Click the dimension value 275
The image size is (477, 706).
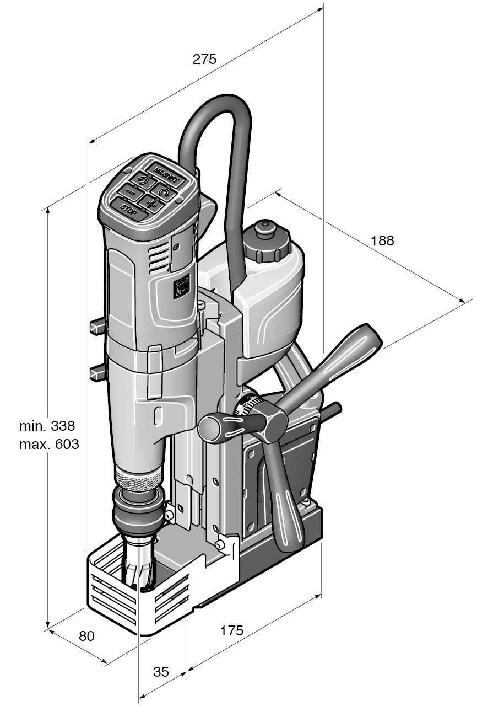click(204, 60)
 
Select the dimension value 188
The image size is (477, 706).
click(382, 240)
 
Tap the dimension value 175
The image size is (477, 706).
click(231, 630)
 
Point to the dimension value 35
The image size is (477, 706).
click(161, 672)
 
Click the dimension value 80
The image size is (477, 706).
click(86, 635)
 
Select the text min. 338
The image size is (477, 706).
click(47, 426)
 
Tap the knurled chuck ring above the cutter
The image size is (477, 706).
click(139, 477)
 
